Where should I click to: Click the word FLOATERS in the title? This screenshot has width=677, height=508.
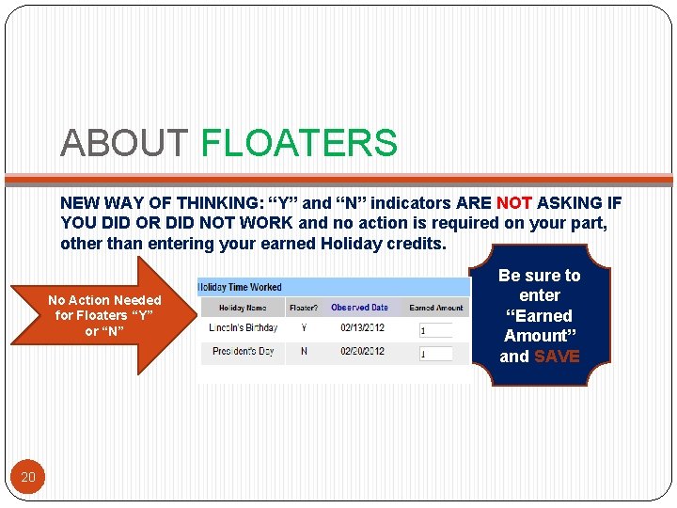pos(299,144)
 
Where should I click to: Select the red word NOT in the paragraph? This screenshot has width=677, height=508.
pos(513,202)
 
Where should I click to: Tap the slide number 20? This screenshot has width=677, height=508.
pos(28,477)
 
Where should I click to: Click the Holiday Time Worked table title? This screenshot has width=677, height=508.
pos(240,287)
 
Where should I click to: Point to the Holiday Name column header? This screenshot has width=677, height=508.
pos(243,308)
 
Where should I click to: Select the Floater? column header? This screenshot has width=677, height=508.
pos(304,308)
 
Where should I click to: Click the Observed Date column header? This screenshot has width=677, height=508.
pos(359,308)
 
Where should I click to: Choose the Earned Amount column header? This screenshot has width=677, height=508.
pos(436,308)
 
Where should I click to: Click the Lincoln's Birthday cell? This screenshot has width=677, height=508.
pos(243,328)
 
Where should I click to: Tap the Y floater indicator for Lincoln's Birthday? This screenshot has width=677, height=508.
pos(304,328)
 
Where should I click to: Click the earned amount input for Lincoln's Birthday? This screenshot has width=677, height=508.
pos(435,330)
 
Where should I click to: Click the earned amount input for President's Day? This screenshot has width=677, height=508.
pos(435,355)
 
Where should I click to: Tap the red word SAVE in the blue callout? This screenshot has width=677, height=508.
pos(557,357)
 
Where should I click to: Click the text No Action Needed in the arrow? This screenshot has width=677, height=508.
pos(104,300)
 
